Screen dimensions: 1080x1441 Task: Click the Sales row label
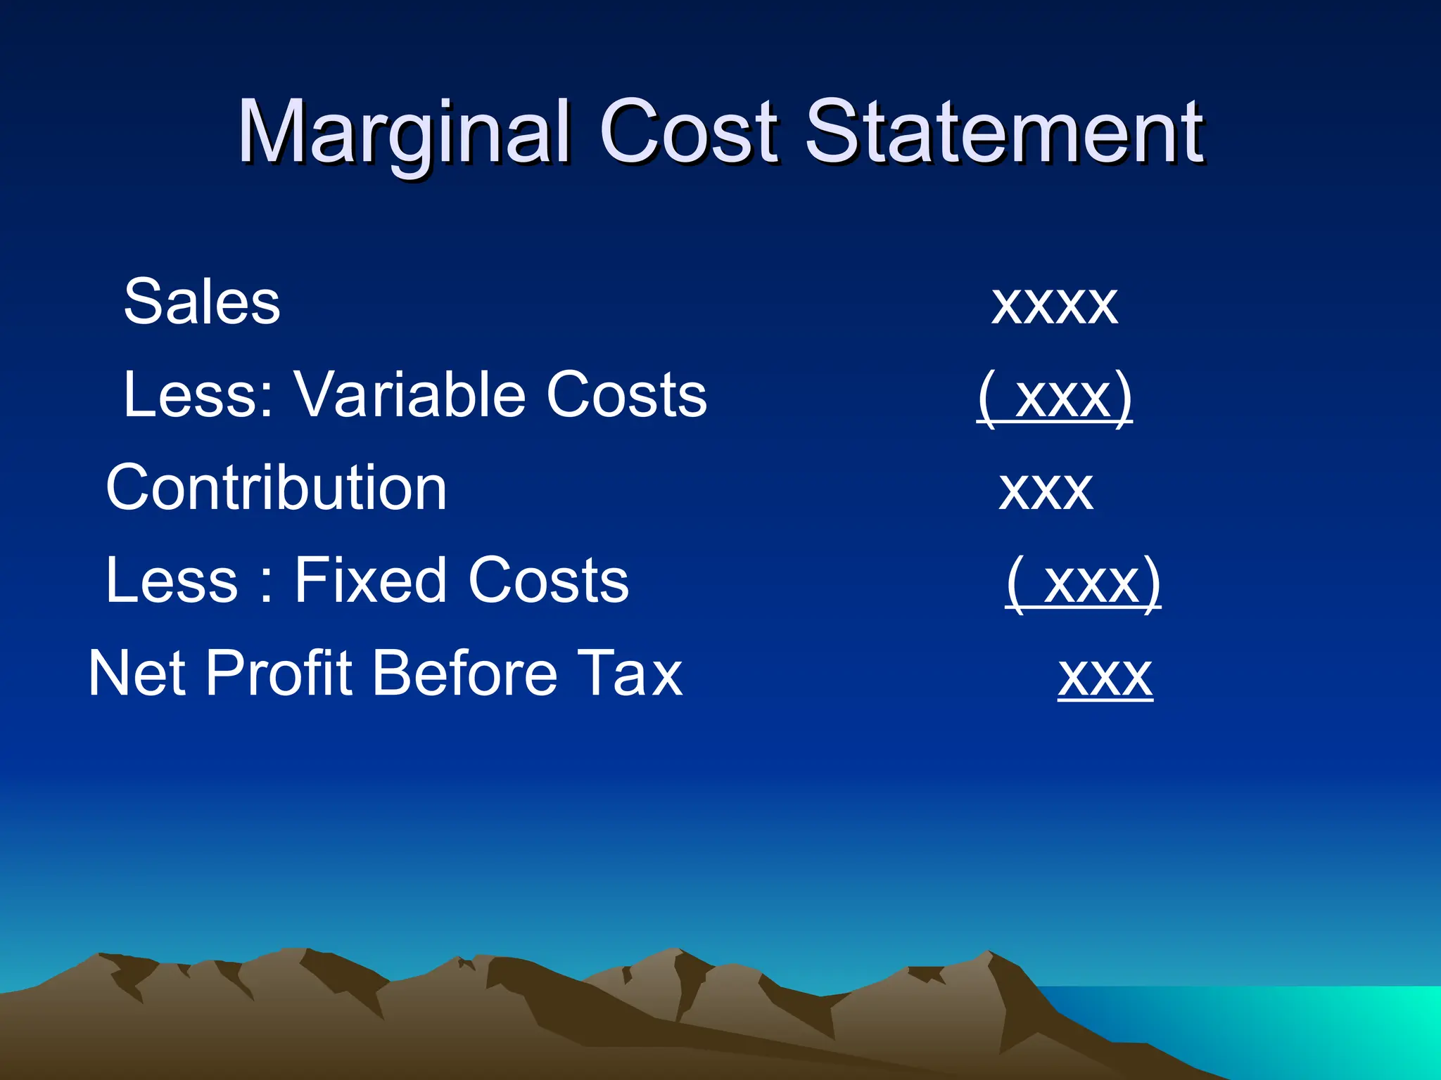(x=202, y=302)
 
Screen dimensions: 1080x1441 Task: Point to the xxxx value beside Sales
(x=1054, y=304)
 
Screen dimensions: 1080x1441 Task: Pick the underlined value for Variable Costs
(x=1055, y=397)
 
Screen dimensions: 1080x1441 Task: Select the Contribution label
(x=276, y=488)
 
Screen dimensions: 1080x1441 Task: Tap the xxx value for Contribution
(x=1046, y=491)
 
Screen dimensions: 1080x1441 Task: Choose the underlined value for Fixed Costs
(x=1083, y=583)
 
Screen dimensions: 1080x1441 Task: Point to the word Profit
(x=279, y=674)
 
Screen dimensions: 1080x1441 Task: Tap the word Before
(x=464, y=674)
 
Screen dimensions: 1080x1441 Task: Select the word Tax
(x=630, y=674)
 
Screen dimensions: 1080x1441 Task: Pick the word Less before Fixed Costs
(x=172, y=581)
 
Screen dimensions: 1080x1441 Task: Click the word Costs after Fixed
(x=548, y=581)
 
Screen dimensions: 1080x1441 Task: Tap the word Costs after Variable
(x=626, y=395)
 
